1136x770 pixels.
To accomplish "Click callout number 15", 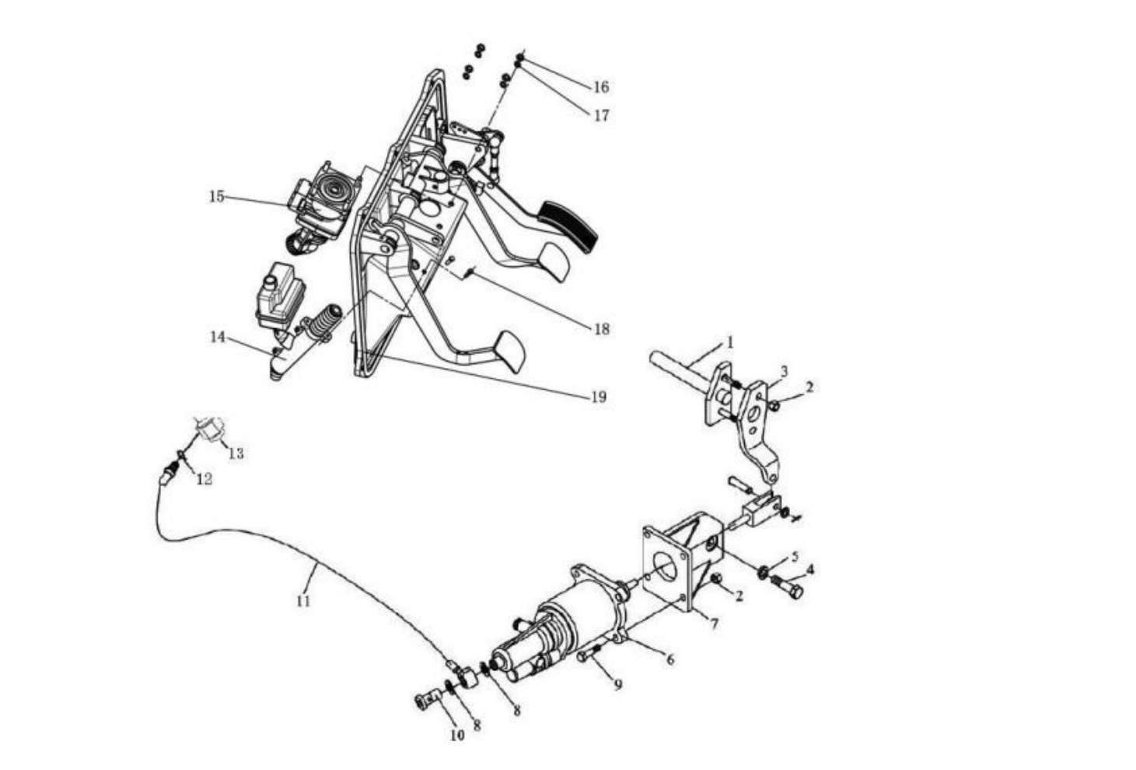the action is click(217, 196).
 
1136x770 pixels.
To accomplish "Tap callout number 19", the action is click(599, 397).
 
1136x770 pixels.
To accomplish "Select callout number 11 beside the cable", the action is click(302, 601).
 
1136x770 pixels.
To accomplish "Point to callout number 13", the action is click(236, 453).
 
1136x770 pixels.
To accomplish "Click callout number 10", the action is click(457, 735).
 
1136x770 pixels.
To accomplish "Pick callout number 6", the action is click(670, 660).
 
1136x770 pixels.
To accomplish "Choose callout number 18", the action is click(602, 330).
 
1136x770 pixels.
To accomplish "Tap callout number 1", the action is click(730, 343).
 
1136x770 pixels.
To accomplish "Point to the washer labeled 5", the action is click(763, 572).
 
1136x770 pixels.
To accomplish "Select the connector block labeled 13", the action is click(210, 429).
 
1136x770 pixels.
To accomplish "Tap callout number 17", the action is click(602, 116).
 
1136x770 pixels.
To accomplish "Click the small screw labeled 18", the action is click(469, 273).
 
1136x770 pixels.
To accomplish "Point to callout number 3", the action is click(784, 372).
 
